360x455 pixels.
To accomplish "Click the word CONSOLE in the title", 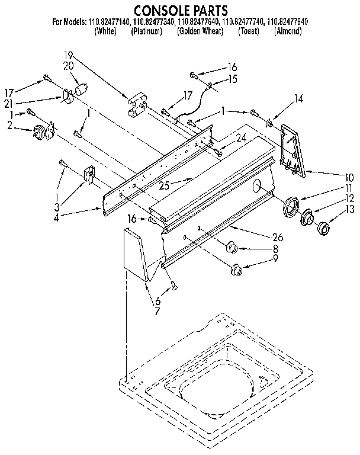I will pyautogui.click(x=155, y=10).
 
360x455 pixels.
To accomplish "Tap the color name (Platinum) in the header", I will pyautogui.click(x=146, y=31).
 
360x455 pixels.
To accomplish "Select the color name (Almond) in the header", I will pyautogui.click(x=288, y=31).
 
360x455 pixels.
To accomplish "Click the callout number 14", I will pyautogui.click(x=298, y=99).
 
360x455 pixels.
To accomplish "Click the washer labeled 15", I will pyautogui.click(x=210, y=88).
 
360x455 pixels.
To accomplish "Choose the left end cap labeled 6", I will pyautogui.click(x=137, y=255).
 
